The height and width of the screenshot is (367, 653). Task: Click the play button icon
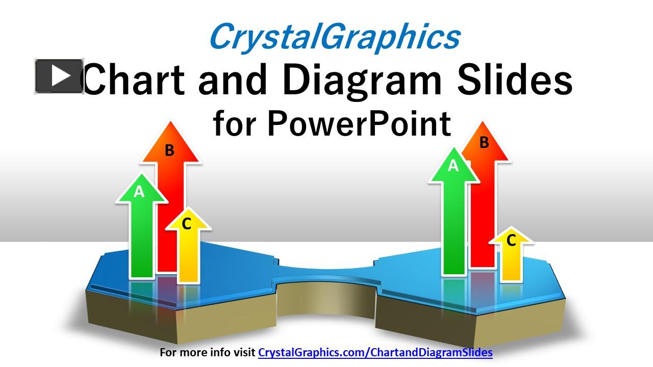59,76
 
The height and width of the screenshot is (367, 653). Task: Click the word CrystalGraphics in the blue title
334,37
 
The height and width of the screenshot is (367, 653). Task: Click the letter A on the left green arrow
139,192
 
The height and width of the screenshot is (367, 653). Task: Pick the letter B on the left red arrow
170,150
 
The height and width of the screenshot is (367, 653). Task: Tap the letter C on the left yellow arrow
187,223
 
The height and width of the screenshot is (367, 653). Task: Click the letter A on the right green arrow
453,166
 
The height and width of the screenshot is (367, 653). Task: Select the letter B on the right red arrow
484,143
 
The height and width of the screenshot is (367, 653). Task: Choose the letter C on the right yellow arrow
511,240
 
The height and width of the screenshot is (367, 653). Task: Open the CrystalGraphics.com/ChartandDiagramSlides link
375,352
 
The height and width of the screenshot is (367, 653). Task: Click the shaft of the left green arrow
142,240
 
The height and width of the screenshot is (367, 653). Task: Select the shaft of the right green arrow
454,229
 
